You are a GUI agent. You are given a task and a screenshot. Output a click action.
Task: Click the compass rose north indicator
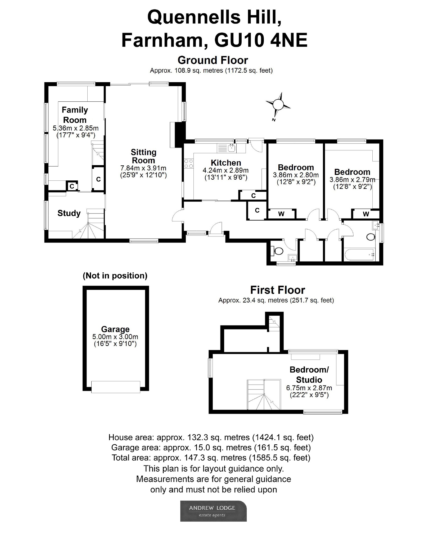[x=278, y=105]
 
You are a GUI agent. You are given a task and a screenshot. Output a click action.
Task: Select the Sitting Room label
[x=143, y=156]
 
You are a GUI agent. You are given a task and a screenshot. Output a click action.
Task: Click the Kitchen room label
[x=226, y=163]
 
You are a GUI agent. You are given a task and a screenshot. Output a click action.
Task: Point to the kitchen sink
[x=232, y=148]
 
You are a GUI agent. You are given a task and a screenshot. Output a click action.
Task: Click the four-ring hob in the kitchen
[x=188, y=164]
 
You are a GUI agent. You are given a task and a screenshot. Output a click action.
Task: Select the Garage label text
[x=115, y=329]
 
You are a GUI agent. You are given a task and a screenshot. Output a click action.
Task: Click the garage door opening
[x=116, y=387]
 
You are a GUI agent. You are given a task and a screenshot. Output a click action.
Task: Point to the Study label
[x=69, y=213]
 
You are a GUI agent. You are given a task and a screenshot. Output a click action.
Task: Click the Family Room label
[x=75, y=115]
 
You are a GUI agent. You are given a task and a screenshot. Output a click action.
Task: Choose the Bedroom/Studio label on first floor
[x=309, y=375]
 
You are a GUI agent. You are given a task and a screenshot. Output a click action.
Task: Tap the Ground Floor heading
[x=213, y=60]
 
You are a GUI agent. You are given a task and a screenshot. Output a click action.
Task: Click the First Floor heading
[x=278, y=290]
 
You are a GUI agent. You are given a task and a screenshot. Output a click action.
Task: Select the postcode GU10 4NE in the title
[x=261, y=40]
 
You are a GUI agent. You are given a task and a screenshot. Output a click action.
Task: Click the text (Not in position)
[x=115, y=276]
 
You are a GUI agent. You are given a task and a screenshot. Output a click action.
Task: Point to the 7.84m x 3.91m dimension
[x=143, y=168]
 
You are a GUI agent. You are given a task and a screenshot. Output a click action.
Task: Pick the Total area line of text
[x=211, y=458]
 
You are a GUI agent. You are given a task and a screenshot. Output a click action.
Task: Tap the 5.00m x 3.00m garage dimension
[x=115, y=337]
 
